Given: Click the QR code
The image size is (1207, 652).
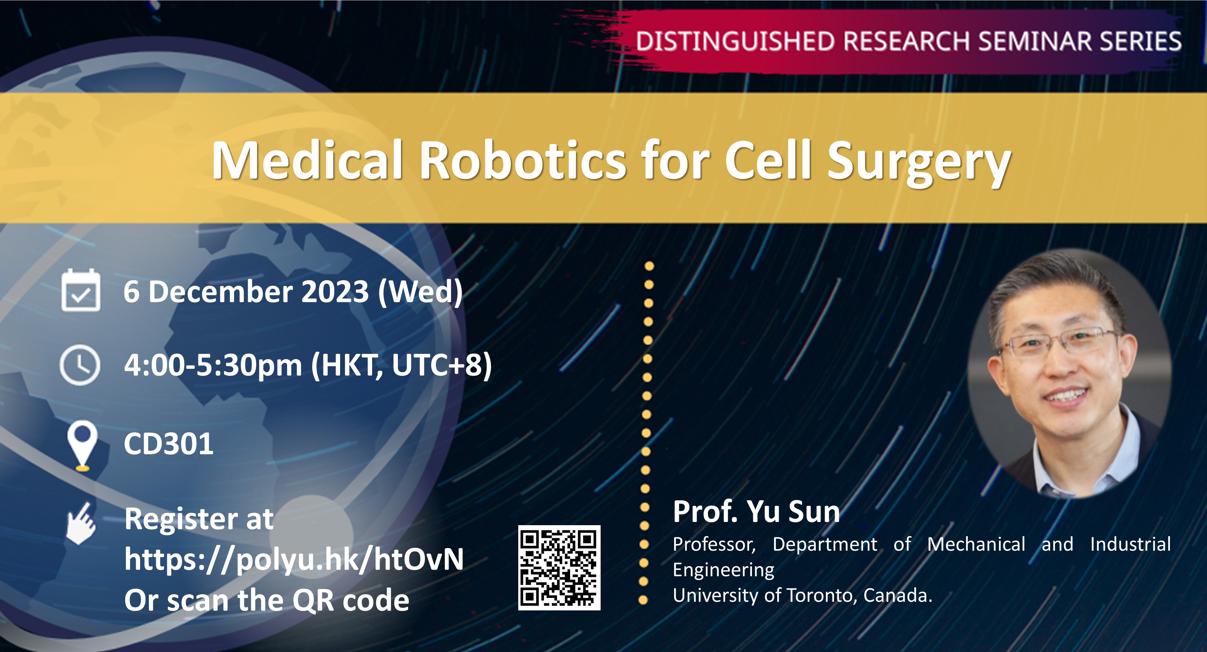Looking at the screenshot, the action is (559, 568).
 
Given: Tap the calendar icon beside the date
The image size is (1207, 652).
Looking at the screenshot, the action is (80, 290).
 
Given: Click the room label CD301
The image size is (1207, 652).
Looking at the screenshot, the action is (169, 444).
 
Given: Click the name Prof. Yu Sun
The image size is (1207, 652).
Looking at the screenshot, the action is (756, 511).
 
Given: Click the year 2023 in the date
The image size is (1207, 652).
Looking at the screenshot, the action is (335, 292).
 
